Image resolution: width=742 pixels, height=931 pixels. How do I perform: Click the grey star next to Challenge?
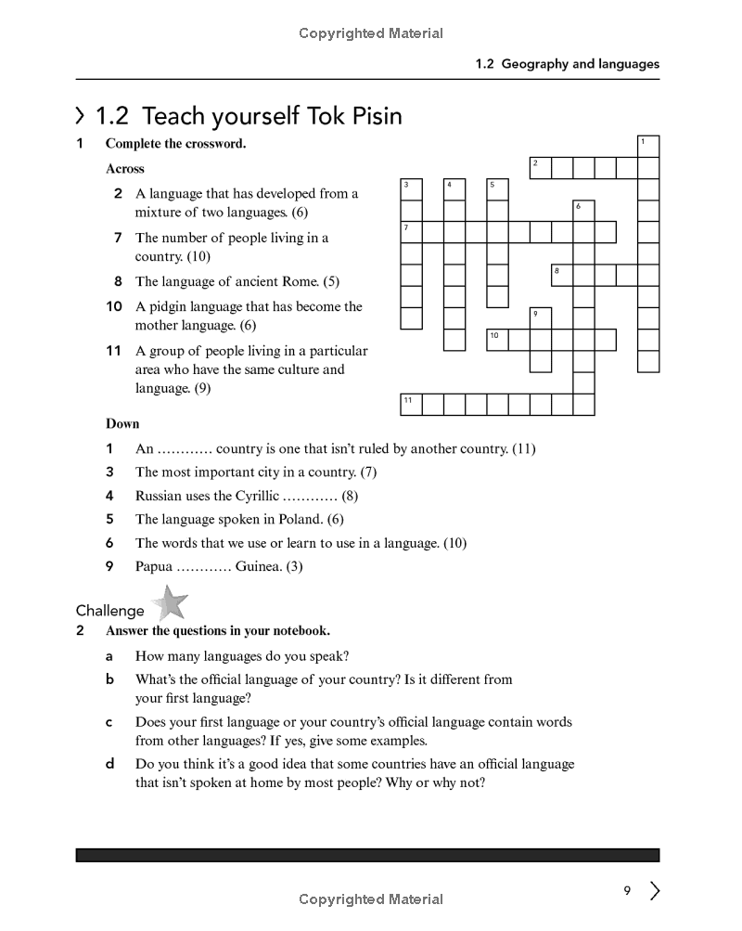click(x=169, y=603)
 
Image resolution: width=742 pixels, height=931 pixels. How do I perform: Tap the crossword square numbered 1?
click(x=648, y=146)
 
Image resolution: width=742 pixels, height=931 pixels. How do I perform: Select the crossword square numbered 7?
click(x=411, y=231)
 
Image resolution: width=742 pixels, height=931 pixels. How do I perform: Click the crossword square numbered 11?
click(x=411, y=404)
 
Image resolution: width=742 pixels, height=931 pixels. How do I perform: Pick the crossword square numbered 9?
click(x=540, y=317)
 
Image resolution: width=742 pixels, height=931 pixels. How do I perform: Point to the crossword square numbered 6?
click(x=583, y=210)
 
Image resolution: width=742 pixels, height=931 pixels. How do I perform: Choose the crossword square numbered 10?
click(x=498, y=339)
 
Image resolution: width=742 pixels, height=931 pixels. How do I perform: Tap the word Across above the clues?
click(x=125, y=169)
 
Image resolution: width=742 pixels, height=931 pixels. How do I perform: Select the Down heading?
click(x=122, y=424)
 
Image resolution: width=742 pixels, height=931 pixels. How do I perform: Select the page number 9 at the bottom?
click(x=627, y=891)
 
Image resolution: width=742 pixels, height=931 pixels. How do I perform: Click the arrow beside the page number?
click(x=655, y=891)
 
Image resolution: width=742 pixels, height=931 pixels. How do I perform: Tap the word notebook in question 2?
click(x=295, y=631)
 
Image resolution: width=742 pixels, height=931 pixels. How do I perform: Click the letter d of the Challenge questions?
click(x=110, y=764)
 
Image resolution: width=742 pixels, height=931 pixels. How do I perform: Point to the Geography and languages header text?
click(x=580, y=64)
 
